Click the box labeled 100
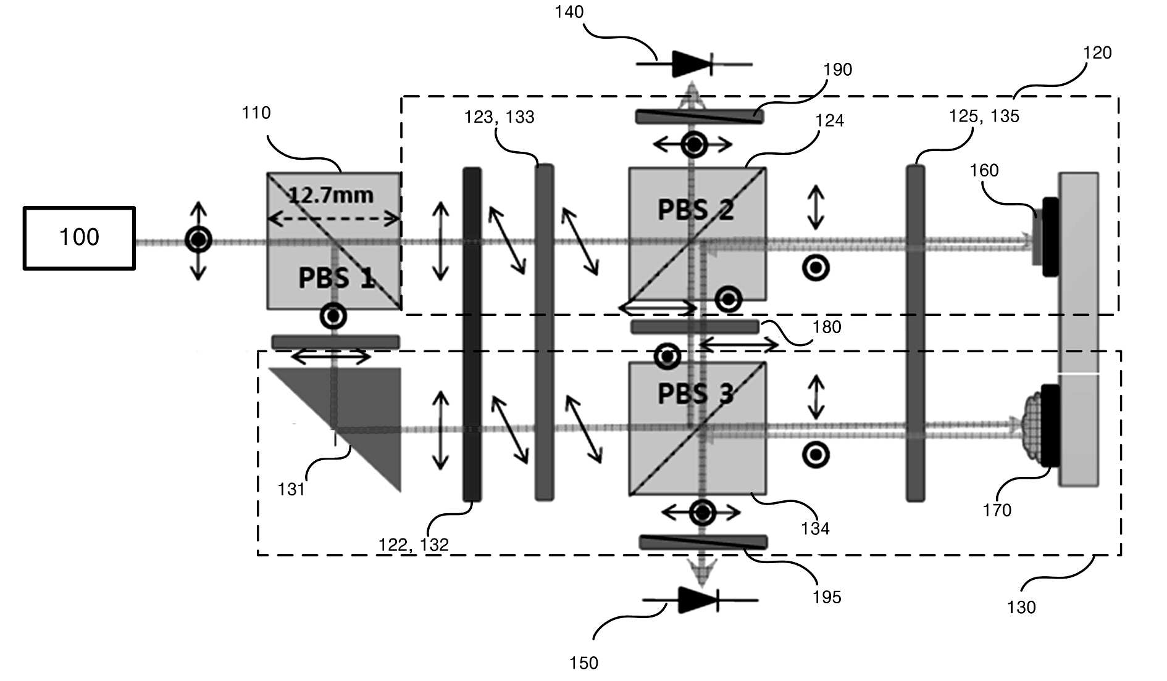(x=79, y=238)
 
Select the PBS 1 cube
(x=334, y=241)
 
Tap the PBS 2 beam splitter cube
(x=697, y=234)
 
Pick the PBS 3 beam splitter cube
(x=697, y=428)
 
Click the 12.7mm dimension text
(x=331, y=196)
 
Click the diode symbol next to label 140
(x=693, y=64)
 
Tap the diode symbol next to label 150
(x=700, y=600)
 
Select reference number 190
(x=838, y=70)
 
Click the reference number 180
(x=827, y=327)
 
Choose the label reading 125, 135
(x=984, y=116)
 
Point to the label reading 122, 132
(x=413, y=545)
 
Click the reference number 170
(x=997, y=510)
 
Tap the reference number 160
(x=984, y=170)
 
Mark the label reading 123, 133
(x=500, y=117)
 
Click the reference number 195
(x=827, y=597)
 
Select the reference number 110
(x=256, y=113)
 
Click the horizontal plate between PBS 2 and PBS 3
(x=695, y=327)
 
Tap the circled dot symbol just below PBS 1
(x=333, y=316)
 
